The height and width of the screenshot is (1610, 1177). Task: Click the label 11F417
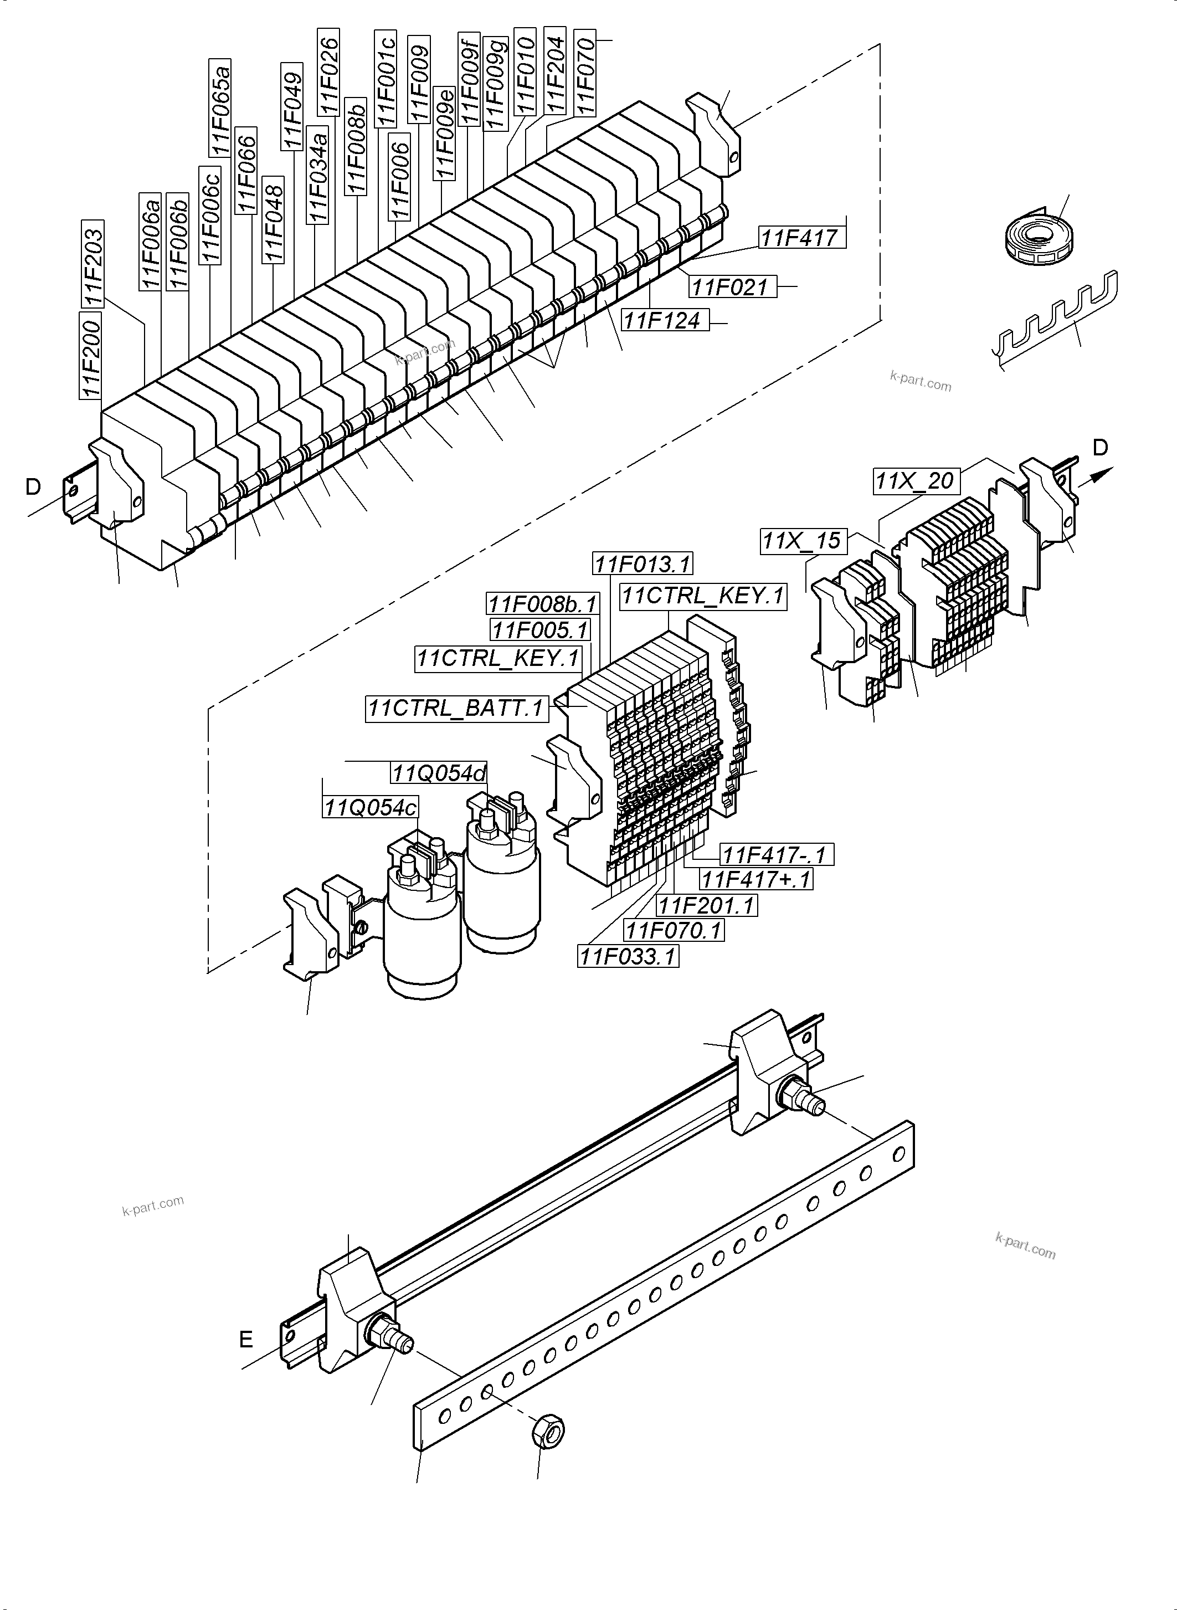(x=801, y=237)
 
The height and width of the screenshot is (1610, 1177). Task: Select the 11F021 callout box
(x=732, y=286)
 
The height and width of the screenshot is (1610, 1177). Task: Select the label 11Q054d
(x=439, y=772)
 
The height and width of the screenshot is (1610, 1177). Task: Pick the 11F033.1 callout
(x=628, y=956)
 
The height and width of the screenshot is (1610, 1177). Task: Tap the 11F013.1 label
(x=643, y=564)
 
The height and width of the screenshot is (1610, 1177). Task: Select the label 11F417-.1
(x=776, y=854)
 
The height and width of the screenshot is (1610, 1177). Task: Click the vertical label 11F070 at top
(x=585, y=72)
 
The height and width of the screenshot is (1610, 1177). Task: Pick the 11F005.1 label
(x=541, y=629)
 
